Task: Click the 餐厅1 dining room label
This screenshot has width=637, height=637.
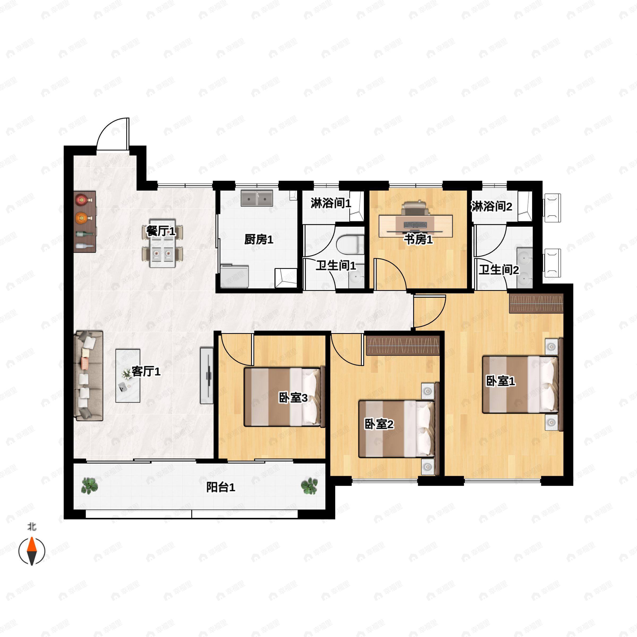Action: click(161, 231)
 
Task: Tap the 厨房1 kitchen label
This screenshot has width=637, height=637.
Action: click(259, 239)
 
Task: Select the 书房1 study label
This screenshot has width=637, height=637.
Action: click(418, 239)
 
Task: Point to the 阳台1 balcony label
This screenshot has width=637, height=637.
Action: click(221, 487)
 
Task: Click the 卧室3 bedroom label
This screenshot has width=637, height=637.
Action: click(293, 398)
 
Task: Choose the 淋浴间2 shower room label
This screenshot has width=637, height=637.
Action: click(492, 206)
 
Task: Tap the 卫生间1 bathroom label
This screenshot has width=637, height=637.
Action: click(336, 265)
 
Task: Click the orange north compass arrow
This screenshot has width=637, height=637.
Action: click(32, 551)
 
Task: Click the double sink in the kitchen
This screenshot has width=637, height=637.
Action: click(257, 198)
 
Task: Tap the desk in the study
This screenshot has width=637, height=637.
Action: click(415, 226)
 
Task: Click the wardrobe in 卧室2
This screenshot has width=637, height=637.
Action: click(403, 346)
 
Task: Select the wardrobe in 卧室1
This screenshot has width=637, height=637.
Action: click(536, 303)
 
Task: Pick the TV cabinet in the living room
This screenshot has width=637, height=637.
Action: click(207, 375)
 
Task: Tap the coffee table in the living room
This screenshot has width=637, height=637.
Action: click(128, 376)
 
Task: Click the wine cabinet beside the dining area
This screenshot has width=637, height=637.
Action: click(85, 222)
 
